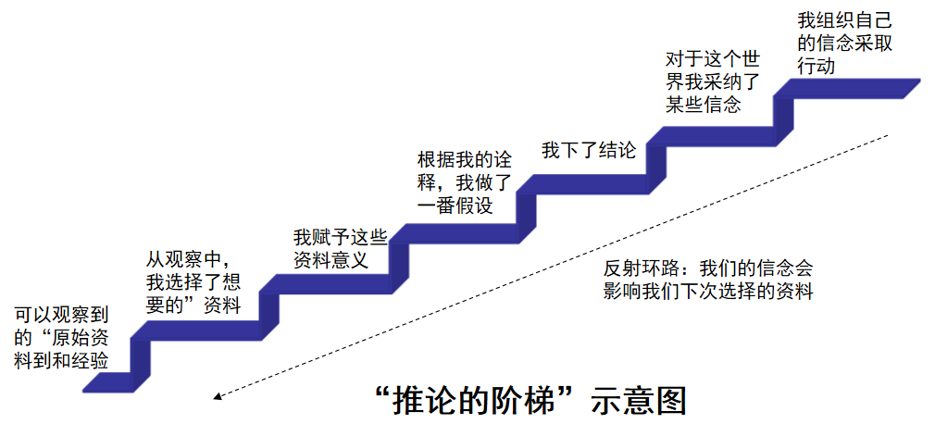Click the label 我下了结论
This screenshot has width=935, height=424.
(x=589, y=151)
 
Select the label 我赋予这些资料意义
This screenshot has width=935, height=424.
(x=331, y=247)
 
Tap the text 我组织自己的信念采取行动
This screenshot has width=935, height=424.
(x=845, y=43)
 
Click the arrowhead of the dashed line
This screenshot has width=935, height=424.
(x=218, y=397)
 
